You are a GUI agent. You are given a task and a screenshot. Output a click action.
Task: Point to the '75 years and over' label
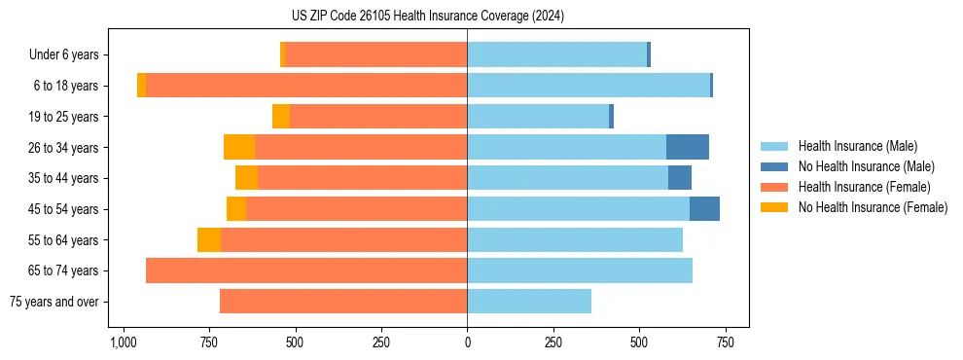click(x=54, y=302)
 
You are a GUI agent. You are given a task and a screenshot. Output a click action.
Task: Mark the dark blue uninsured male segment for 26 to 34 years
click(x=688, y=147)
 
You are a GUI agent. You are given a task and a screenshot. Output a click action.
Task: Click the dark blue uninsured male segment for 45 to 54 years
click(x=704, y=209)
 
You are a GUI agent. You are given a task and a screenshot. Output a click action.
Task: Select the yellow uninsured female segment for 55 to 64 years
click(x=209, y=240)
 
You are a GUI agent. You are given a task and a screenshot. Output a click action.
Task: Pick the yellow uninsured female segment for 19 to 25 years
click(x=281, y=117)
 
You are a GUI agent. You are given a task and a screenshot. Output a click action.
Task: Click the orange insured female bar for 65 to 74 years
click(x=306, y=270)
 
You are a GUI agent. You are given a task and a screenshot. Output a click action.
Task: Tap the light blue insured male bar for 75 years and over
click(x=529, y=302)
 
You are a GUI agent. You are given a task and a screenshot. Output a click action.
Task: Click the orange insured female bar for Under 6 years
click(x=376, y=55)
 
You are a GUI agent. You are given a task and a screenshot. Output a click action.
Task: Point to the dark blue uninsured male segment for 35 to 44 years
click(x=680, y=178)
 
